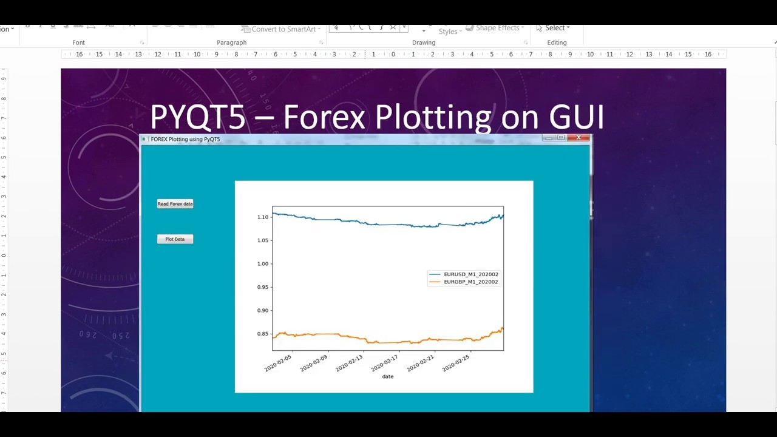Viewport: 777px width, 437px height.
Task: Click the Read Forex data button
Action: pos(175,204)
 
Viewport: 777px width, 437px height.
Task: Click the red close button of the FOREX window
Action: pos(579,138)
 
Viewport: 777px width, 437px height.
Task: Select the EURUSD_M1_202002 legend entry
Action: pos(470,274)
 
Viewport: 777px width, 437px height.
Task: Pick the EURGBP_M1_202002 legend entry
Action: pos(470,282)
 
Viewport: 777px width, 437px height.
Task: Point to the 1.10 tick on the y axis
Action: pos(263,217)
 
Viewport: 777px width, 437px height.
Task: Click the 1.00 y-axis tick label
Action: pos(263,264)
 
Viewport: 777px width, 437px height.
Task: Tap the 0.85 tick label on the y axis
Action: pos(263,334)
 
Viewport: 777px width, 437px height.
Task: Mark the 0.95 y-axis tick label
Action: pos(263,287)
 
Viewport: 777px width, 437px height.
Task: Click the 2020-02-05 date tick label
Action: pos(279,363)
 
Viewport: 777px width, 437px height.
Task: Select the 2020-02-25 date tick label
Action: pos(456,363)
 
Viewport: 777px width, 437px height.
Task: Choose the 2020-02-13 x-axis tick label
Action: pos(350,363)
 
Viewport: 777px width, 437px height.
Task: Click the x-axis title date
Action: pos(387,377)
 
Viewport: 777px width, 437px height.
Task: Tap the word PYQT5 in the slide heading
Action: pos(197,117)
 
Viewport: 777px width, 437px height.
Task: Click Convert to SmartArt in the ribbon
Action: pos(283,29)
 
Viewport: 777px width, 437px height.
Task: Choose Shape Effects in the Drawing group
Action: pos(497,28)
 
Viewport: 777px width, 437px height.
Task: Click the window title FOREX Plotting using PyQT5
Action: pos(185,139)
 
